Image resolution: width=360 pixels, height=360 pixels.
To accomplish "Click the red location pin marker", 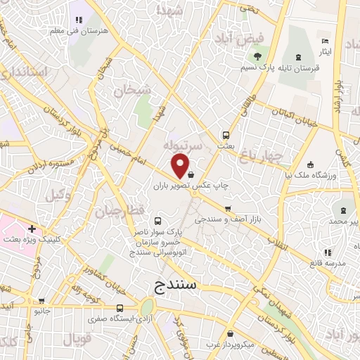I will coord(181,166).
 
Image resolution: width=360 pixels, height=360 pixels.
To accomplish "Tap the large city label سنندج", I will coord(176,286).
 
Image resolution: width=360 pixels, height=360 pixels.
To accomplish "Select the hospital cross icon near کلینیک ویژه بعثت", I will coord(32,229).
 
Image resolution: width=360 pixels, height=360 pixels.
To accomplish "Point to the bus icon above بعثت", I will coord(226,134).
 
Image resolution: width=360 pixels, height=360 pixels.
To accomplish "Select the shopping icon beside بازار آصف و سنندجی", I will coord(228,208).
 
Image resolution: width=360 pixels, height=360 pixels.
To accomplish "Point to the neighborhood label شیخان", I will coord(132,90).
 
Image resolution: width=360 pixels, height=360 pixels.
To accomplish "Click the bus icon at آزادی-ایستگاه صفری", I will coord(120,308).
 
